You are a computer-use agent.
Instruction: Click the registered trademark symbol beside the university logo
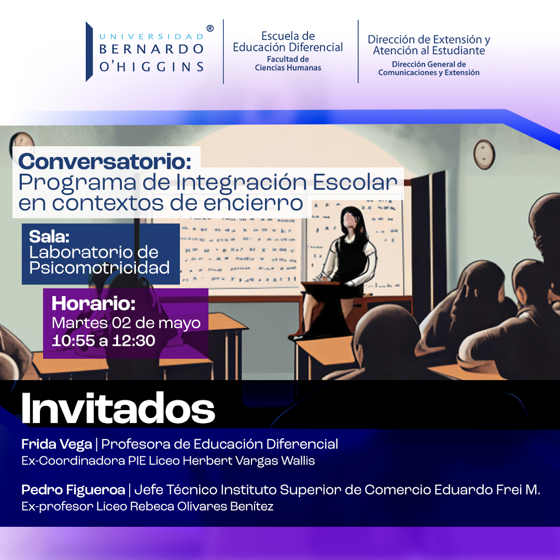210,29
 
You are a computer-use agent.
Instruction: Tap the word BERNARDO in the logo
151,49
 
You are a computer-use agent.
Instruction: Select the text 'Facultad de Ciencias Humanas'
288,64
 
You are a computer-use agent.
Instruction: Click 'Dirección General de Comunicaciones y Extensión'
429,68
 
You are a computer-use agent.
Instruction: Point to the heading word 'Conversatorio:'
105,161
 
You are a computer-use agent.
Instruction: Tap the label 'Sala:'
49,236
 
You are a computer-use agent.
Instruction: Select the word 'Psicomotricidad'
100,268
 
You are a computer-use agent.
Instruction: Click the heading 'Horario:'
93,303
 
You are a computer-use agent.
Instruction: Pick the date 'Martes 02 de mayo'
126,323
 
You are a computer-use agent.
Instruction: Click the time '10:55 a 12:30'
104,341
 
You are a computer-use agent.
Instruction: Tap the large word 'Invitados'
118,409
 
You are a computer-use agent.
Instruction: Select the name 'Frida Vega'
57,444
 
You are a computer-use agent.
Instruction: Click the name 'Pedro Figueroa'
73,489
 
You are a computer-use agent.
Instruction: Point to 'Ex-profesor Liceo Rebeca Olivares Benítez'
147,507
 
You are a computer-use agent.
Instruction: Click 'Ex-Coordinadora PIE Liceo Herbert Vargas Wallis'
168,461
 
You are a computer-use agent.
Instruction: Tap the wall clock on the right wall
484,155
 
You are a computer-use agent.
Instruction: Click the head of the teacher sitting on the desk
352,220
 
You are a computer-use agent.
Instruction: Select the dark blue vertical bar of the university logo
89,52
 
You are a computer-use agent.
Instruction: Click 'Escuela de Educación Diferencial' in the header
288,41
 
